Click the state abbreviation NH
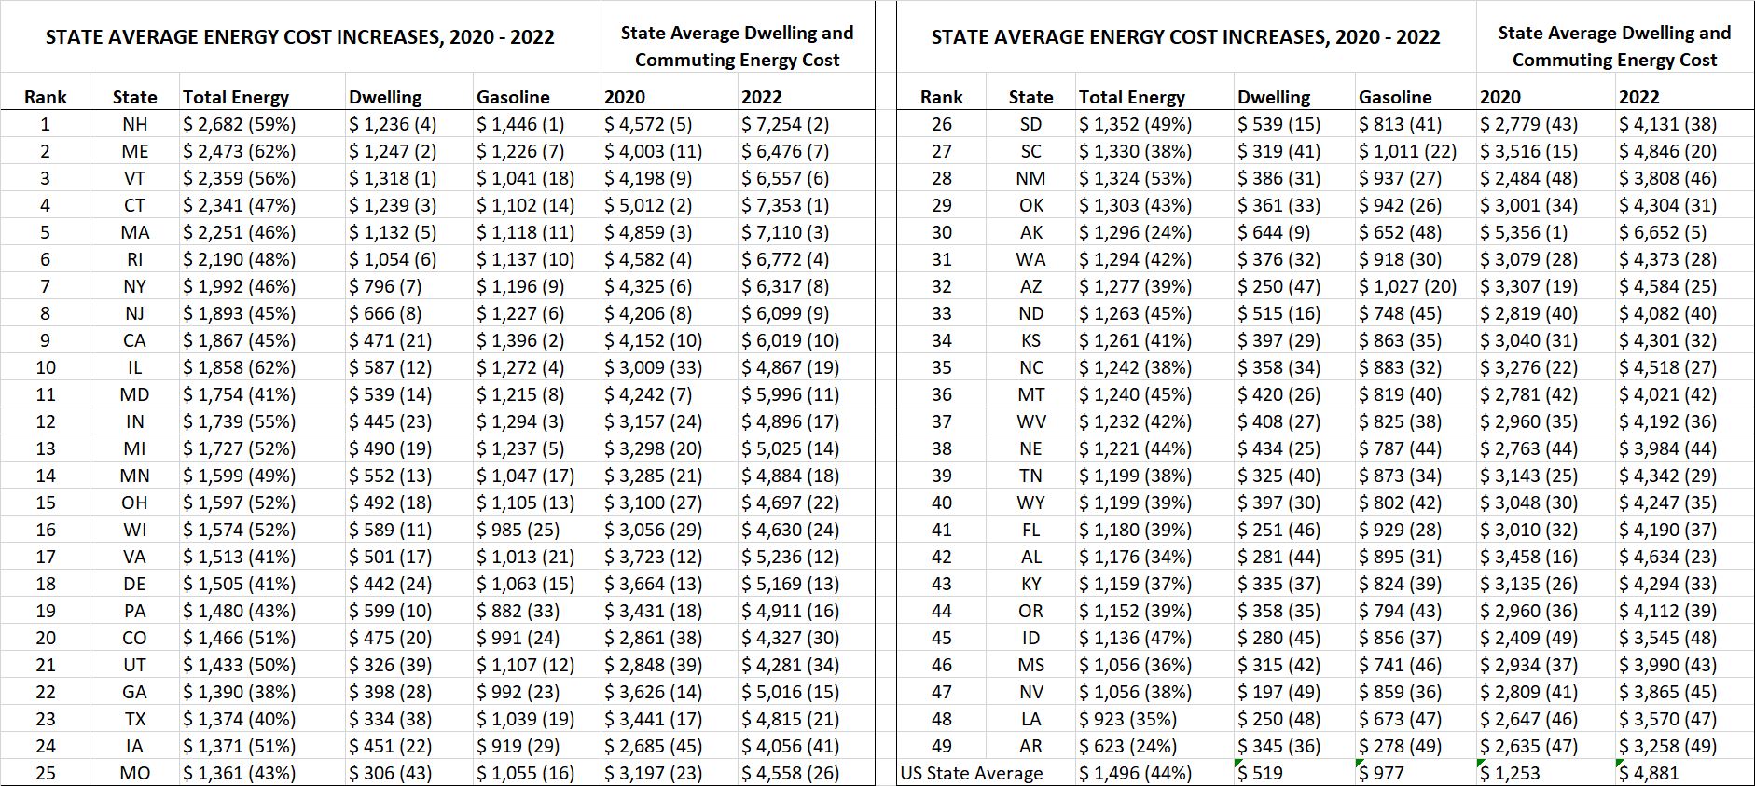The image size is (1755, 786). pyautogui.click(x=134, y=124)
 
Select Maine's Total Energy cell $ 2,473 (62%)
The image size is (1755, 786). pyautogui.click(x=239, y=151)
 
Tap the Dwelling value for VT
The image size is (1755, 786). pyautogui.click(x=393, y=178)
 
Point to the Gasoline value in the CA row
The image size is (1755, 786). pyautogui.click(x=520, y=340)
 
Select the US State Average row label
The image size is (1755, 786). pyautogui.click(x=972, y=773)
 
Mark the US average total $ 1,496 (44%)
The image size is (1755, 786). pyautogui.click(x=1135, y=773)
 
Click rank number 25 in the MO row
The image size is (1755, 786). pyautogui.click(x=46, y=773)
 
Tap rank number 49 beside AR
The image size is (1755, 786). pyautogui.click(x=942, y=746)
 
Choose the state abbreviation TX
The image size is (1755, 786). pyautogui.click(x=135, y=719)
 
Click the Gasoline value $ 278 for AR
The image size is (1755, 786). pyautogui.click(x=1400, y=746)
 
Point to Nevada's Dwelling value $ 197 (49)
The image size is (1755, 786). pyautogui.click(x=1278, y=692)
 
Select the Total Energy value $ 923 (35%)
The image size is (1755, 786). pyautogui.click(x=1127, y=719)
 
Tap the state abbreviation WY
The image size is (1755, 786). pyautogui.click(x=1030, y=503)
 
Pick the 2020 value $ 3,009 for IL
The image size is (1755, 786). pyautogui.click(x=653, y=367)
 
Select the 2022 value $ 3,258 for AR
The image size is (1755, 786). pyautogui.click(x=1667, y=746)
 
